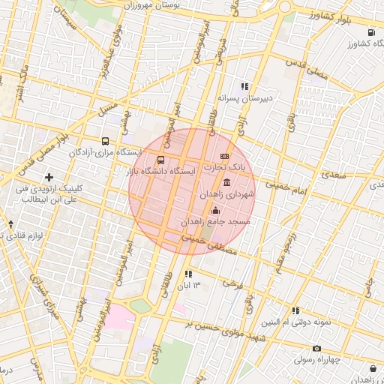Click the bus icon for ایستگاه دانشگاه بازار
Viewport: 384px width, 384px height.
point(161,160)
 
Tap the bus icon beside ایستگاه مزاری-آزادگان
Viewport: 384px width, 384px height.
point(105,140)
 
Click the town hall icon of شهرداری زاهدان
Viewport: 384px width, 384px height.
point(226,184)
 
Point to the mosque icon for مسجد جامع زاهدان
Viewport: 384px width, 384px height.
point(216,211)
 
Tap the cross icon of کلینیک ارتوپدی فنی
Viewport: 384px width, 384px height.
point(49,178)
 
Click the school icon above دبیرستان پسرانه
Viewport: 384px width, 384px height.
point(244,86)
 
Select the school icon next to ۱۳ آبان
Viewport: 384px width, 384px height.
point(187,274)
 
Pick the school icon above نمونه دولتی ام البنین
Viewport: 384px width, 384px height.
point(295,310)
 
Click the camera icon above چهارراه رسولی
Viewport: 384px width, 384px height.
point(316,348)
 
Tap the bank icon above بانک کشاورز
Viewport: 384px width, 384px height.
point(373,32)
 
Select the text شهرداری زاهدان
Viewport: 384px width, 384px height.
point(227,194)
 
